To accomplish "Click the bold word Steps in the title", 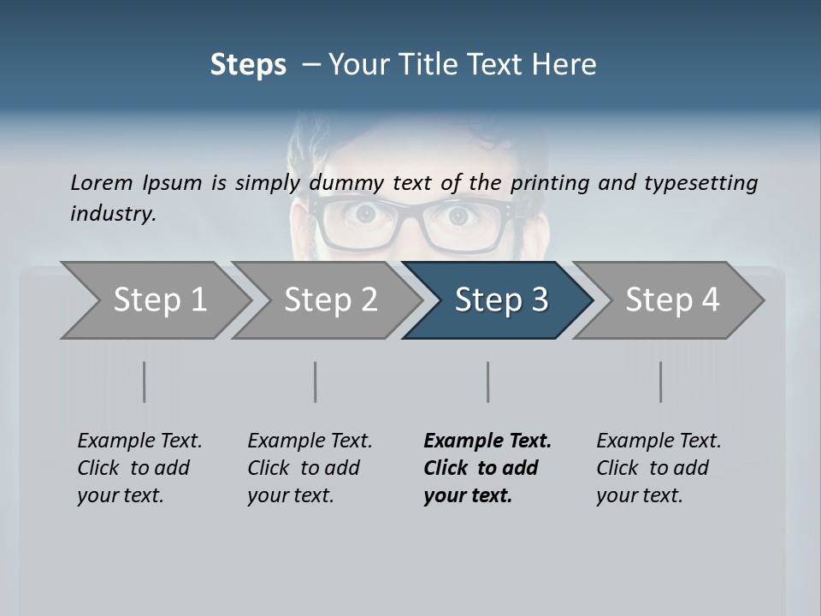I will coord(248,65).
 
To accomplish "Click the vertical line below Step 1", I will coord(145,382).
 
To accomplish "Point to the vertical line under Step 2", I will coord(316,382).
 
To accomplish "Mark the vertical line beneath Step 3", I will coord(487,382).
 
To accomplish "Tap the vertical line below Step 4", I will coord(660,382).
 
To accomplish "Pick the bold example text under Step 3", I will coord(487,468).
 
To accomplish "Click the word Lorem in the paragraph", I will coord(102,182).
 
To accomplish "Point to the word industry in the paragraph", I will coord(113,214).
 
